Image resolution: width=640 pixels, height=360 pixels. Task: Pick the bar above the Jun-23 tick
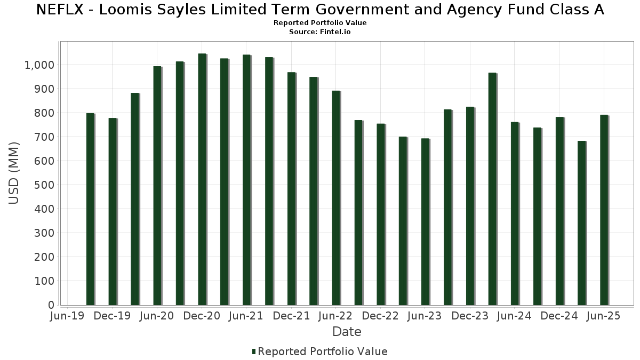pyautogui.click(x=425, y=221)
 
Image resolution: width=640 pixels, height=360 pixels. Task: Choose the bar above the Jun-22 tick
pyautogui.click(x=336, y=198)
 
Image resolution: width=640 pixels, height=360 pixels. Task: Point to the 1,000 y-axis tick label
pyautogui.click(x=39, y=65)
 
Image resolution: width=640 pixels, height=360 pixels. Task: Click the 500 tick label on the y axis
pyautogui.click(x=45, y=185)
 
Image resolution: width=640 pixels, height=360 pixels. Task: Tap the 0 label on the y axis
pyautogui.click(x=51, y=305)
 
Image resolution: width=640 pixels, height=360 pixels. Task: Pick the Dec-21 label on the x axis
pyautogui.click(x=292, y=316)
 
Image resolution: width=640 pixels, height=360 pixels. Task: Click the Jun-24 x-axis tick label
pyautogui.click(x=514, y=316)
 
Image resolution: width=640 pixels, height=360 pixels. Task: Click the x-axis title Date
pyautogui.click(x=347, y=332)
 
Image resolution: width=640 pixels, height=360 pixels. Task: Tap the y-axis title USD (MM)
pyautogui.click(x=14, y=173)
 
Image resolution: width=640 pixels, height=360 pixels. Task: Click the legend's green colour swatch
pyautogui.click(x=254, y=351)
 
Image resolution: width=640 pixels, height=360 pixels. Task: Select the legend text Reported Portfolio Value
pyautogui.click(x=323, y=351)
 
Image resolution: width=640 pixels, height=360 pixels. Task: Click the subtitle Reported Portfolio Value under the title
pyautogui.click(x=320, y=23)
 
